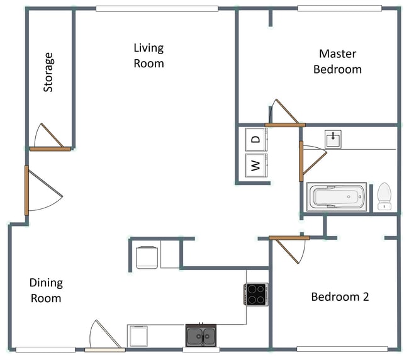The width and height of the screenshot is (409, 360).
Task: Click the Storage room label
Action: pyautogui.click(x=48, y=72)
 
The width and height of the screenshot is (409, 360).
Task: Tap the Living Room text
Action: pyautogui.click(x=148, y=55)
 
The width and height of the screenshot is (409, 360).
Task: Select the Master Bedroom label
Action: pyautogui.click(x=337, y=62)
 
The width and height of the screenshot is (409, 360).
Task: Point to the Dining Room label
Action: pyautogui.click(x=46, y=290)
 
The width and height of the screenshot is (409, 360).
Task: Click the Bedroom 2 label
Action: pyautogui.click(x=340, y=296)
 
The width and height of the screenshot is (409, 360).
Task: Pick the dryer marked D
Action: pyautogui.click(x=255, y=140)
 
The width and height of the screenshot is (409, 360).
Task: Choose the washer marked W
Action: pyautogui.click(x=255, y=166)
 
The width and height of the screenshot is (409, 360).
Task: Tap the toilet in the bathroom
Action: pyautogui.click(x=384, y=196)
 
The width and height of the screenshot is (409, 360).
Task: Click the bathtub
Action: pyautogui.click(x=336, y=197)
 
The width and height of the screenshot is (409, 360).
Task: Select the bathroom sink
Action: pyautogui.click(x=333, y=138)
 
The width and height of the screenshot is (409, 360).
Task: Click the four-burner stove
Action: pyautogui.click(x=255, y=294)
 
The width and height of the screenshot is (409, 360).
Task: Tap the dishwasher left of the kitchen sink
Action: pyautogui.click(x=138, y=336)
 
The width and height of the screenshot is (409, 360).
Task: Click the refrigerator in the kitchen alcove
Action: pyautogui.click(x=147, y=257)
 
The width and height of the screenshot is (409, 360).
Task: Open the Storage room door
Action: pyautogui.click(x=50, y=149)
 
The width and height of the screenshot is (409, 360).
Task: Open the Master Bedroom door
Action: pyautogui.click(x=284, y=125)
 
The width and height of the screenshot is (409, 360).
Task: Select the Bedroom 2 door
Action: pyautogui.click(x=289, y=238)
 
